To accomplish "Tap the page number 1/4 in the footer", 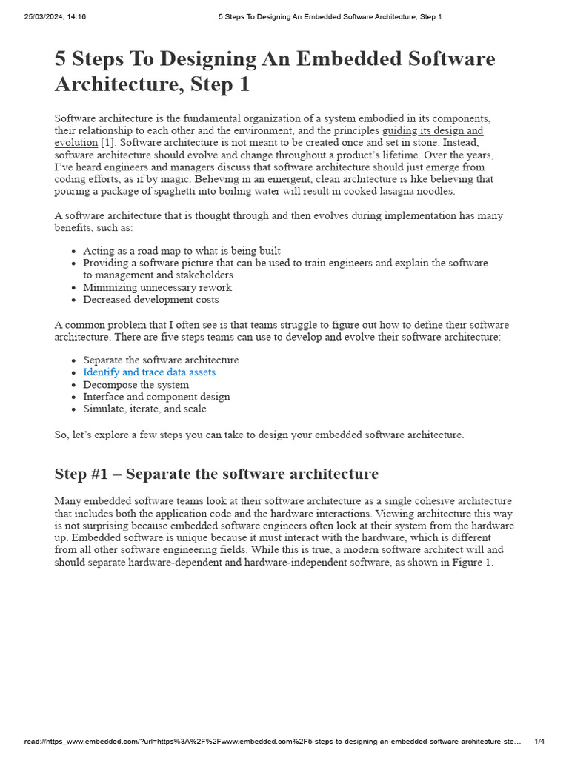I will (539, 742).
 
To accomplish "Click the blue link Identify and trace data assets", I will (149, 372).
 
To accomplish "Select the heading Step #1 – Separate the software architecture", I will (216, 474).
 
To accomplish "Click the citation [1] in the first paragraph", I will (107, 142).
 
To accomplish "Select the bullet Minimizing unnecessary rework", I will (157, 287).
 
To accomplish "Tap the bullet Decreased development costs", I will (150, 300).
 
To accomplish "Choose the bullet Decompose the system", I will (136, 385).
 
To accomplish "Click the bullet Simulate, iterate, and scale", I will (144, 409).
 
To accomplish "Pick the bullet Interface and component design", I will (156, 397).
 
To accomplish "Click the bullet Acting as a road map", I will (182, 251).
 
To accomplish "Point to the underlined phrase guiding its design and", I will (433, 130).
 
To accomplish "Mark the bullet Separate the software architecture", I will (161, 360).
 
